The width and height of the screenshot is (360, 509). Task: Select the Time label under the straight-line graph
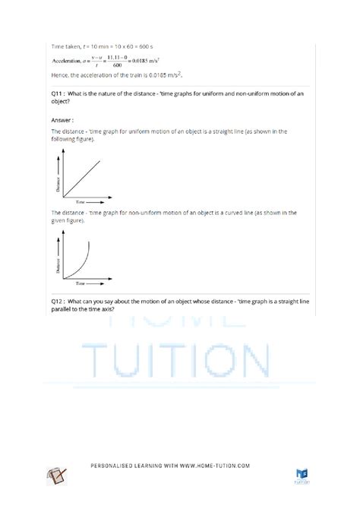[x=78, y=202]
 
